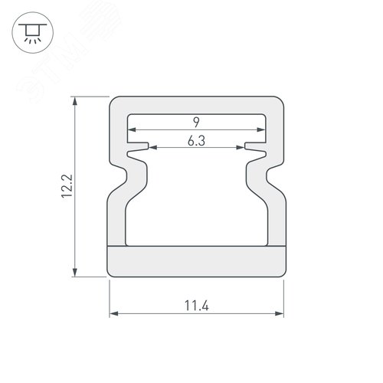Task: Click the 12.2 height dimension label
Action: [67, 186]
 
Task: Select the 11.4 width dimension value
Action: [197, 306]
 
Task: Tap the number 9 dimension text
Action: [196, 122]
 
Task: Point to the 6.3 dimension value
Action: [196, 141]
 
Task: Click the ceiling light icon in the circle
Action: [32, 34]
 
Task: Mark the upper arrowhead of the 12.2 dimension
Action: [74, 101]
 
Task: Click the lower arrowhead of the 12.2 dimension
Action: [74, 272]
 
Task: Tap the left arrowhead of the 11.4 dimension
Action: [114, 313]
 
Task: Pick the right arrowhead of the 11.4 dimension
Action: [280, 313]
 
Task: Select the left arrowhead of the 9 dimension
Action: [132, 129]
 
